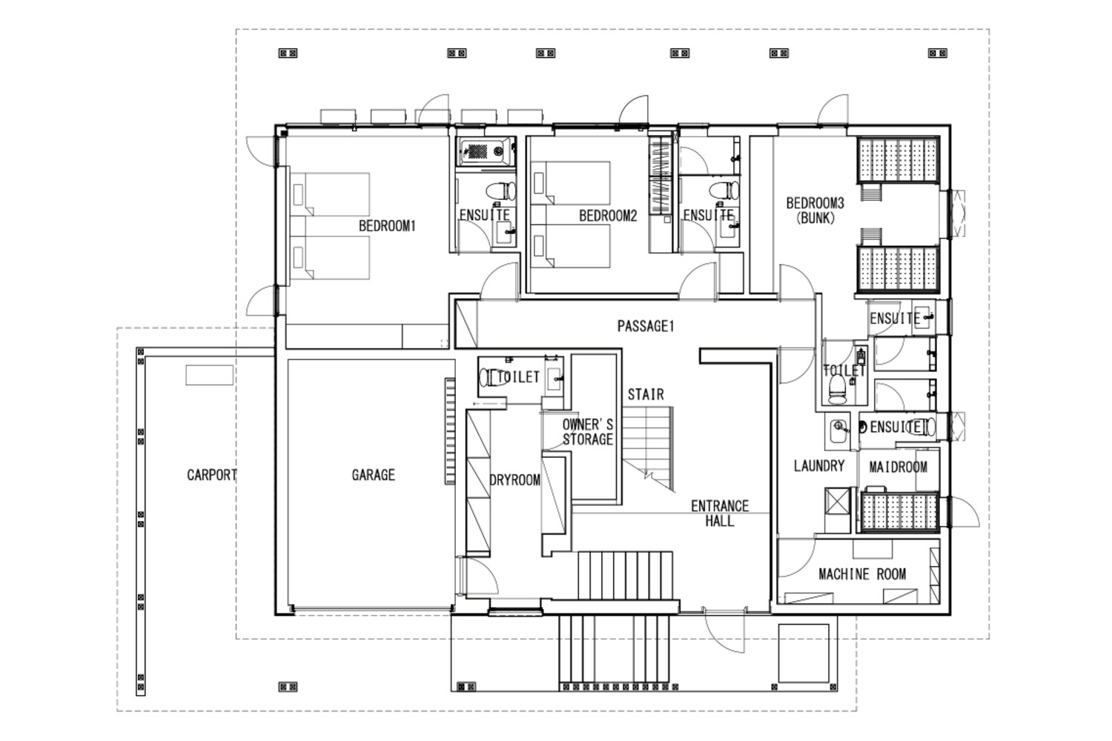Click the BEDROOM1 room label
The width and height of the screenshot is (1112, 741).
pos(387,226)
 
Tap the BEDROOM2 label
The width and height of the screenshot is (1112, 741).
pos(608,216)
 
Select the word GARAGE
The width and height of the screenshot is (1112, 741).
pos(374,475)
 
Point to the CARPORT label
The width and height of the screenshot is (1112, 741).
pos(212,475)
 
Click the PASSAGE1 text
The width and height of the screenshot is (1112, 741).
pos(646,326)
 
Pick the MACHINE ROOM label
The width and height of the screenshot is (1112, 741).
pos(862,574)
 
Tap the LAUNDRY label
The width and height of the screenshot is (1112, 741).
pos(819,465)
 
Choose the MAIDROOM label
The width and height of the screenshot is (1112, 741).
pos(898,467)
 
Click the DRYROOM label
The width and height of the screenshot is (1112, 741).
pos(514,480)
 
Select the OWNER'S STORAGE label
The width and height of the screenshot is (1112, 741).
pos(588,432)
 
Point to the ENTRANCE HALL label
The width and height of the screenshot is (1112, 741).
pos(720,514)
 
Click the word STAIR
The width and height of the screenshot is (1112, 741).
pos(646,394)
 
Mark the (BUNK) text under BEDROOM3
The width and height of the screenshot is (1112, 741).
pos(815,218)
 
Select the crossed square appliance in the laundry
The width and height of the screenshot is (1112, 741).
pos(837,502)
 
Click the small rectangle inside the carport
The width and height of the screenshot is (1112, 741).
pos(210,375)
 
